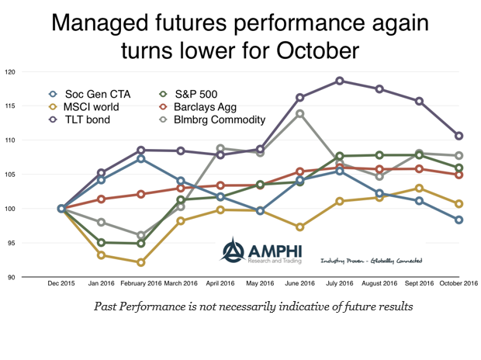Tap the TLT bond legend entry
coord(85,119)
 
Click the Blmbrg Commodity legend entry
coord(219,119)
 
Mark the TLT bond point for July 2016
coord(340,81)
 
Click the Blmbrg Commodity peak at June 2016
coord(299,114)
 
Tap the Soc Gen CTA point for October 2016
coord(459,220)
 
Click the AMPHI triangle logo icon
coord(233,249)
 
